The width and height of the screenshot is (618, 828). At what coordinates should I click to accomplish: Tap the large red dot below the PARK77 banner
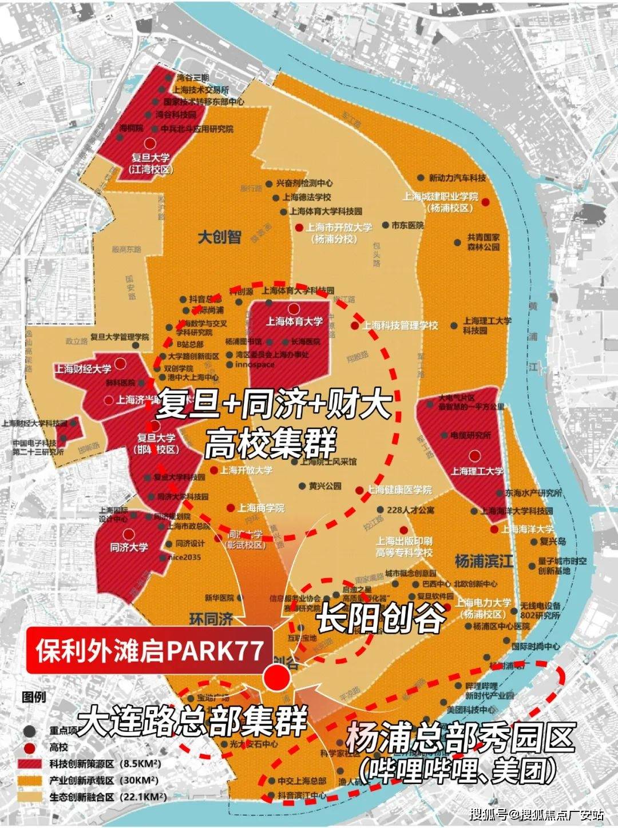tap(278, 677)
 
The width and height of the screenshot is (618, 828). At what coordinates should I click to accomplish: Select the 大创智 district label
tap(219, 237)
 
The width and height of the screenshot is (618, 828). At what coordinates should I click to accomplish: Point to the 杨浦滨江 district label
tap(484, 561)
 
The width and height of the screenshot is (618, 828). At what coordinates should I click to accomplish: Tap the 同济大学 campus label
tap(129, 547)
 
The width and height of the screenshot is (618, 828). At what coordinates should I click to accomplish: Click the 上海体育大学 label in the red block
tap(294, 321)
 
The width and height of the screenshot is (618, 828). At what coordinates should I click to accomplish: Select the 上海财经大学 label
tap(83, 369)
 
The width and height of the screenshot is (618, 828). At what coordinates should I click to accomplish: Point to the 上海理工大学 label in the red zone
tap(477, 471)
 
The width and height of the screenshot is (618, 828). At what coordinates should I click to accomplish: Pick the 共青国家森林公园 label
tap(483, 242)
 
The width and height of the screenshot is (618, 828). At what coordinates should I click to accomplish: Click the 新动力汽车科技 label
tap(457, 178)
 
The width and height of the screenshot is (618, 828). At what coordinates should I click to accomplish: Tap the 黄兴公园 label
tap(324, 486)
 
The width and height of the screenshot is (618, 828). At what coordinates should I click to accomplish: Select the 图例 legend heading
tap(34, 697)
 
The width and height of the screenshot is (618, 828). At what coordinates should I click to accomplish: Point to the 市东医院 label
tap(407, 225)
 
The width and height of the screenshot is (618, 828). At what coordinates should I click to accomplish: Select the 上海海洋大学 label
tap(528, 530)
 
